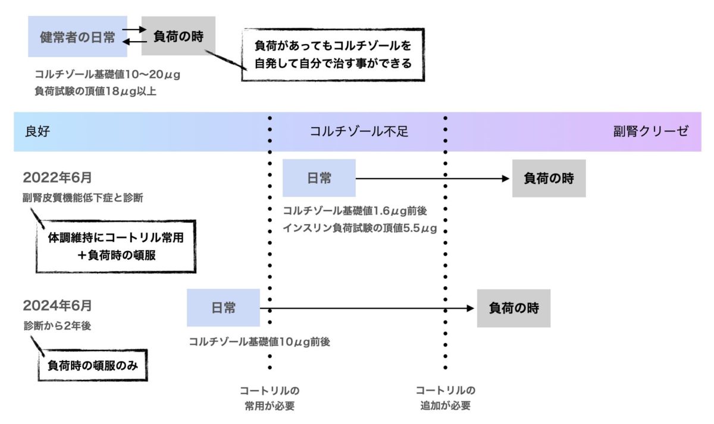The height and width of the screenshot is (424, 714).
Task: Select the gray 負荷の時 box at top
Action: (x=178, y=36)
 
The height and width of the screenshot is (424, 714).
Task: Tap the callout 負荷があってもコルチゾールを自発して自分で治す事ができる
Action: (x=333, y=54)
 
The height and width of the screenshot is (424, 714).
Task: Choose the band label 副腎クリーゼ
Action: (x=651, y=131)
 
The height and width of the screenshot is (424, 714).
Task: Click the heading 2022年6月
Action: (x=57, y=178)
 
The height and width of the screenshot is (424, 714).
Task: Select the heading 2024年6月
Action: (x=57, y=306)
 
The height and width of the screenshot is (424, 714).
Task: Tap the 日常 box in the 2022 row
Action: (x=319, y=178)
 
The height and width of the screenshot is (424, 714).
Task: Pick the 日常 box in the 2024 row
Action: (x=223, y=308)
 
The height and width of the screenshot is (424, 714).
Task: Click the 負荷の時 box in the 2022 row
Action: (x=549, y=178)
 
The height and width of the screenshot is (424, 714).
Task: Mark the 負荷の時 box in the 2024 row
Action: (x=513, y=308)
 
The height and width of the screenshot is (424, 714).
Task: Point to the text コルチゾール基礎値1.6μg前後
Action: (x=356, y=211)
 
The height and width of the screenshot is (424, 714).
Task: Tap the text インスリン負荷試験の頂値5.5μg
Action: (x=360, y=228)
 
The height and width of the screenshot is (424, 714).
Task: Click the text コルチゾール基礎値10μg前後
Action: (x=259, y=342)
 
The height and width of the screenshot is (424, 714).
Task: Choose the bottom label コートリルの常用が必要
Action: (x=269, y=398)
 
